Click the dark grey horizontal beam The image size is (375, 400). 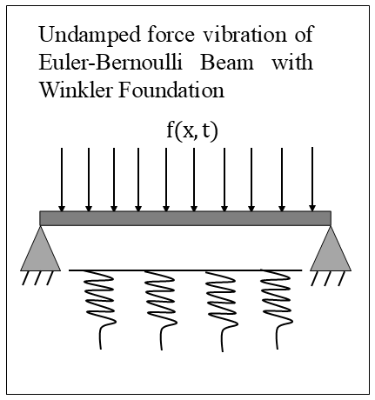point(185,218)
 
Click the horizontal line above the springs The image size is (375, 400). point(185,270)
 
